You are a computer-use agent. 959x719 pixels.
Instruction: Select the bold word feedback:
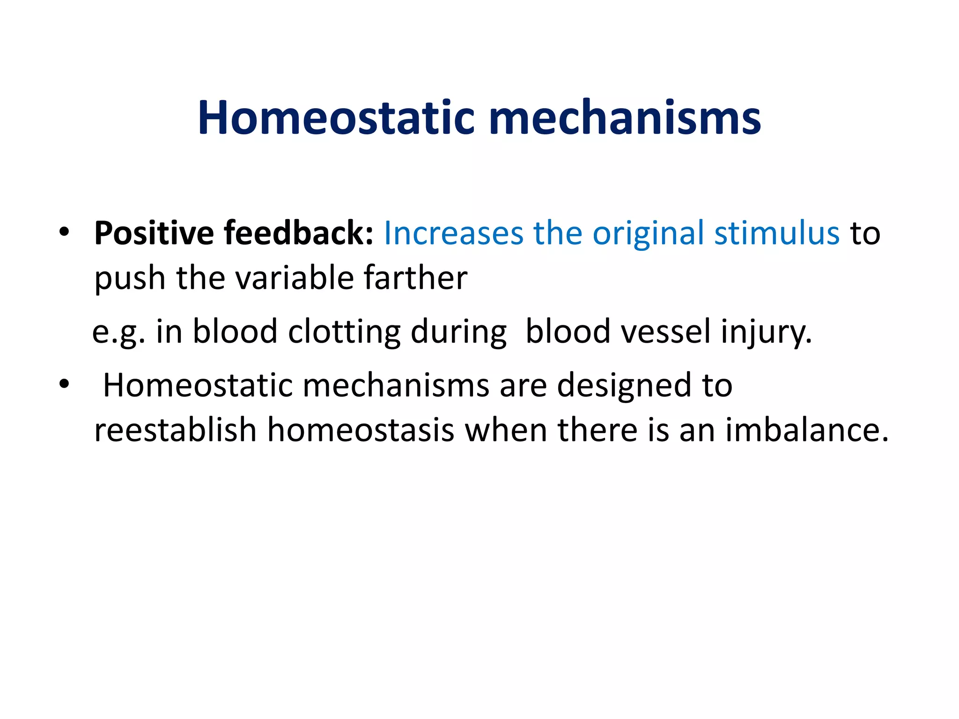298,233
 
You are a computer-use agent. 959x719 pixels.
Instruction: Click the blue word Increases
453,233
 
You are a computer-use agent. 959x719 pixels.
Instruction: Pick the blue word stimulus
776,233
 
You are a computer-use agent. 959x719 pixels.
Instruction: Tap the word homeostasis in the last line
361,430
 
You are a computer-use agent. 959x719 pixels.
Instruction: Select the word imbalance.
806,430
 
